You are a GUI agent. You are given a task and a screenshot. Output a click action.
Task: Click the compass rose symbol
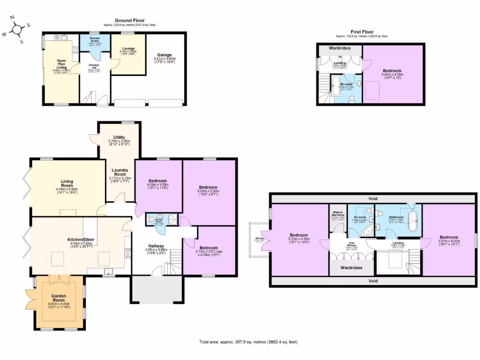click(17, 30)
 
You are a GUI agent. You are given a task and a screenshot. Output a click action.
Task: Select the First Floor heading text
click(361, 32)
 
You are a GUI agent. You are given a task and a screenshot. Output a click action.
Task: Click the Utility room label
click(119, 137)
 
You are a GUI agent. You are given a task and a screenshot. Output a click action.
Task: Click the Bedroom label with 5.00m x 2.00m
click(208, 187)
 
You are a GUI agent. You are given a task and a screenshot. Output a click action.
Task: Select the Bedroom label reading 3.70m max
click(208, 248)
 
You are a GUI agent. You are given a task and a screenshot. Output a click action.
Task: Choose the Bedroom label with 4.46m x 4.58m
click(392, 71)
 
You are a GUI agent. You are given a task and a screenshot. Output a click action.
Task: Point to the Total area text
click(248, 342)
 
